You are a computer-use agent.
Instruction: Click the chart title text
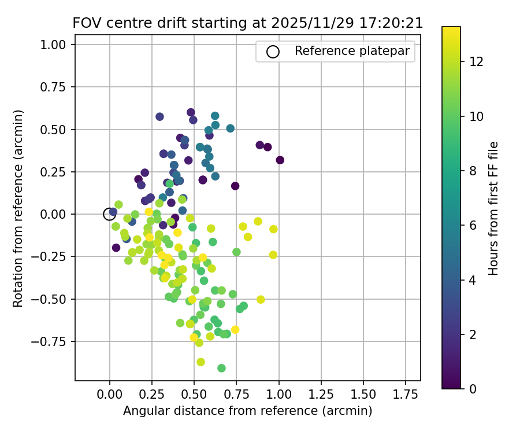pos(247,23)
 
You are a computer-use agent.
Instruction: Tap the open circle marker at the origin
pos(109,214)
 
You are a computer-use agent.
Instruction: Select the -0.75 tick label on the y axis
pos(55,341)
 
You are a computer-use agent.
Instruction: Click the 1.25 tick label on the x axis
pos(321,395)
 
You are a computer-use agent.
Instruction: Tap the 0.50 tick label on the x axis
pos(194,395)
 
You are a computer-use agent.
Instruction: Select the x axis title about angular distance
pos(247,411)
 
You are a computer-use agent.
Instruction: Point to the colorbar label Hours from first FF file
pos(493,208)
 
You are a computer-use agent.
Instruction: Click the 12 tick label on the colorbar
pos(476,61)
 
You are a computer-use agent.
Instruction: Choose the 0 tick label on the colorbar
pos(473,388)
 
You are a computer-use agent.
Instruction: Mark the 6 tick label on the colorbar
pos(473,225)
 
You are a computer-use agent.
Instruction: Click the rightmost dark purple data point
pos(280,160)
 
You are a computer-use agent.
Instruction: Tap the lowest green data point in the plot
pos(221,368)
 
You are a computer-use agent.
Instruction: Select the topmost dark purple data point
pos(191,112)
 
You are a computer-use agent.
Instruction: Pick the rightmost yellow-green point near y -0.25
pos(273,255)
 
